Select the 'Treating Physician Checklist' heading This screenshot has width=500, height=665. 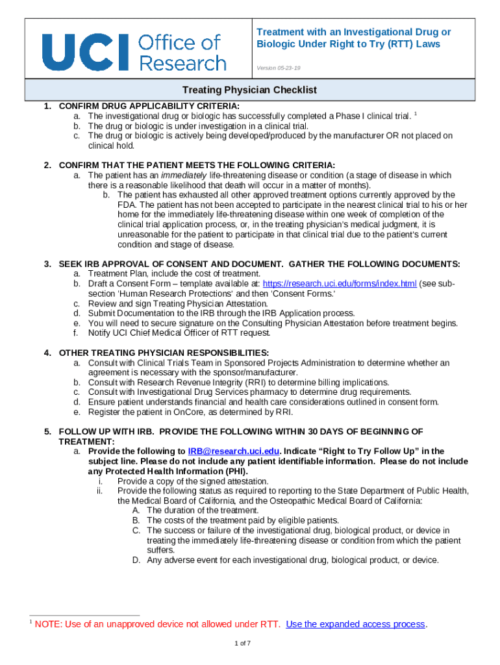249,90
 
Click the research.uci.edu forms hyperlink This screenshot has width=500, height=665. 340,284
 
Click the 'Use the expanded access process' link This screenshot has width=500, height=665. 355,624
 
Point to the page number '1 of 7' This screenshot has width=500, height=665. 243,643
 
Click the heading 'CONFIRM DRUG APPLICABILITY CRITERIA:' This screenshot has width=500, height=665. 149,106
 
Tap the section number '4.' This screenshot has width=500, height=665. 48,353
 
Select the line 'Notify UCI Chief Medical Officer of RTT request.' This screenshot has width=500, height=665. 179,333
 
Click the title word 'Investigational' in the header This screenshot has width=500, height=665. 366,32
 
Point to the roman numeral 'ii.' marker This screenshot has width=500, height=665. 101,491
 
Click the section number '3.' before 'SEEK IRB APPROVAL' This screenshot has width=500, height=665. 48,264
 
